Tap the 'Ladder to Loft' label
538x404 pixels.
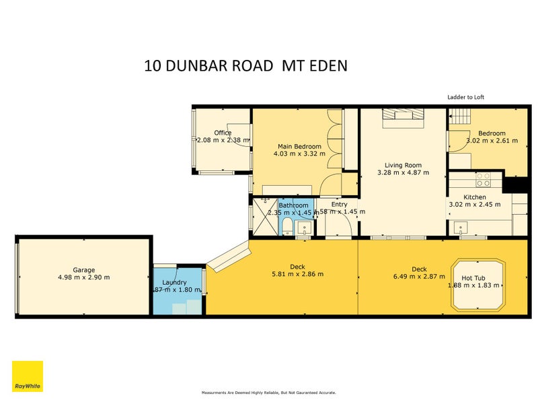(x=465, y=97)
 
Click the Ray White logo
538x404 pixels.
(x=28, y=376)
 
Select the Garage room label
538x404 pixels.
(x=84, y=269)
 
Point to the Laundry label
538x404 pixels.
(x=174, y=282)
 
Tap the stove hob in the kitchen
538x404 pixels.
(x=483, y=180)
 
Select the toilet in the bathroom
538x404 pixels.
(x=287, y=225)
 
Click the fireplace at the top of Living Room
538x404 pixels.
(x=403, y=119)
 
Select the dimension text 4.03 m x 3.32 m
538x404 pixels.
(x=299, y=154)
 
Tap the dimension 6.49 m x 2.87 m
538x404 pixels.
(x=419, y=275)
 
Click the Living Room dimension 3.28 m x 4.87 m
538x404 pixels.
(x=403, y=172)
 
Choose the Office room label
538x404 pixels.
(x=223, y=133)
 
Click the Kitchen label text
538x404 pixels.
(x=475, y=197)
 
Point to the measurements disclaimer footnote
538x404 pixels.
(x=269, y=393)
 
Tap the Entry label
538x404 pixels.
(x=340, y=204)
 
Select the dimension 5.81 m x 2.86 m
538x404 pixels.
(x=297, y=274)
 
